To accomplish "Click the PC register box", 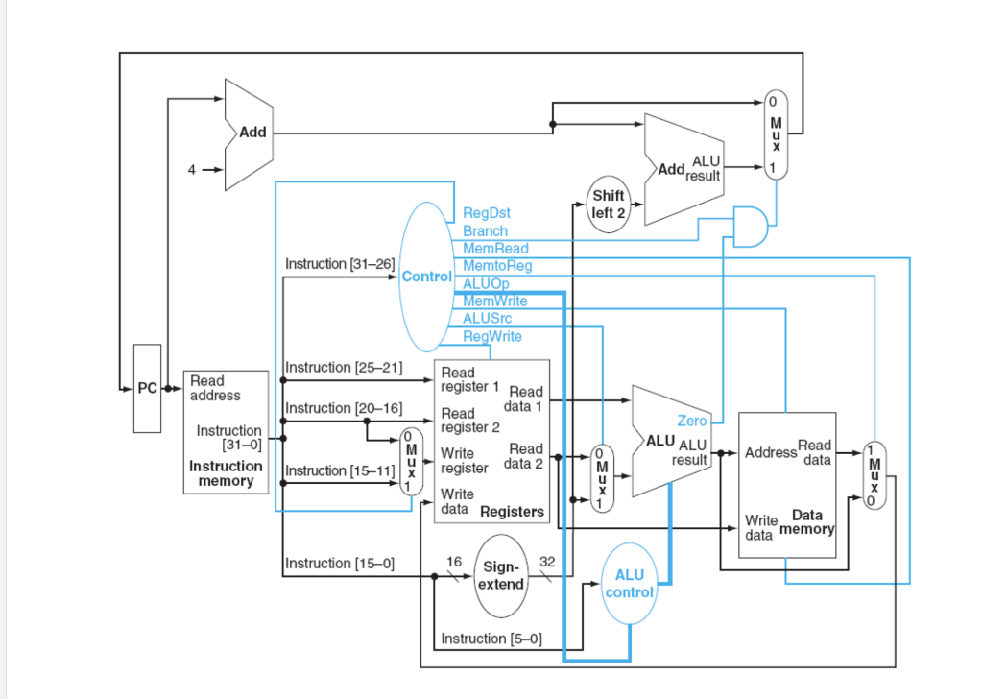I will pos(147,388).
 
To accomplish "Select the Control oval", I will pos(425,277).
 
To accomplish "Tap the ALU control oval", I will pos(630,584).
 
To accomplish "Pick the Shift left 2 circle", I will pos(609,204).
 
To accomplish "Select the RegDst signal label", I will pos(486,213).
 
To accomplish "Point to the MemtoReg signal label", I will pos(496,266).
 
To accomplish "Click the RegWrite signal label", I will pos(492,336).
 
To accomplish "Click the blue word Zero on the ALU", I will pos(692,421).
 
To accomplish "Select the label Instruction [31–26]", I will pos(340,263).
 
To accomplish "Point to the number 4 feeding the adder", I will pos(191,170).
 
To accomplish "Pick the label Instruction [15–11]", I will pos(341,470).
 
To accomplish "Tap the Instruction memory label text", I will pos(226,473).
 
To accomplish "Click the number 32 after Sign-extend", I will pos(548,561).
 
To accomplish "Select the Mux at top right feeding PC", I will pos(776,134).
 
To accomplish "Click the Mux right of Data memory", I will pos(874,475).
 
